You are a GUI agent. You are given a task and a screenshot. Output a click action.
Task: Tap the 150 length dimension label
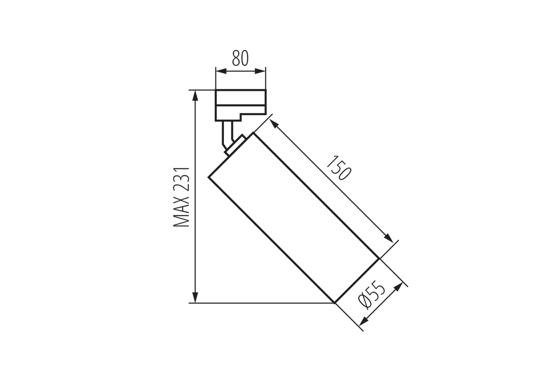coord(339,167)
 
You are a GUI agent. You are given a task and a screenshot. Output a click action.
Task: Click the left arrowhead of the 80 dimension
coord(221,71)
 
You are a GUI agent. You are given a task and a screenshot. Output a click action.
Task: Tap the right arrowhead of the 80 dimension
coord(260,71)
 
